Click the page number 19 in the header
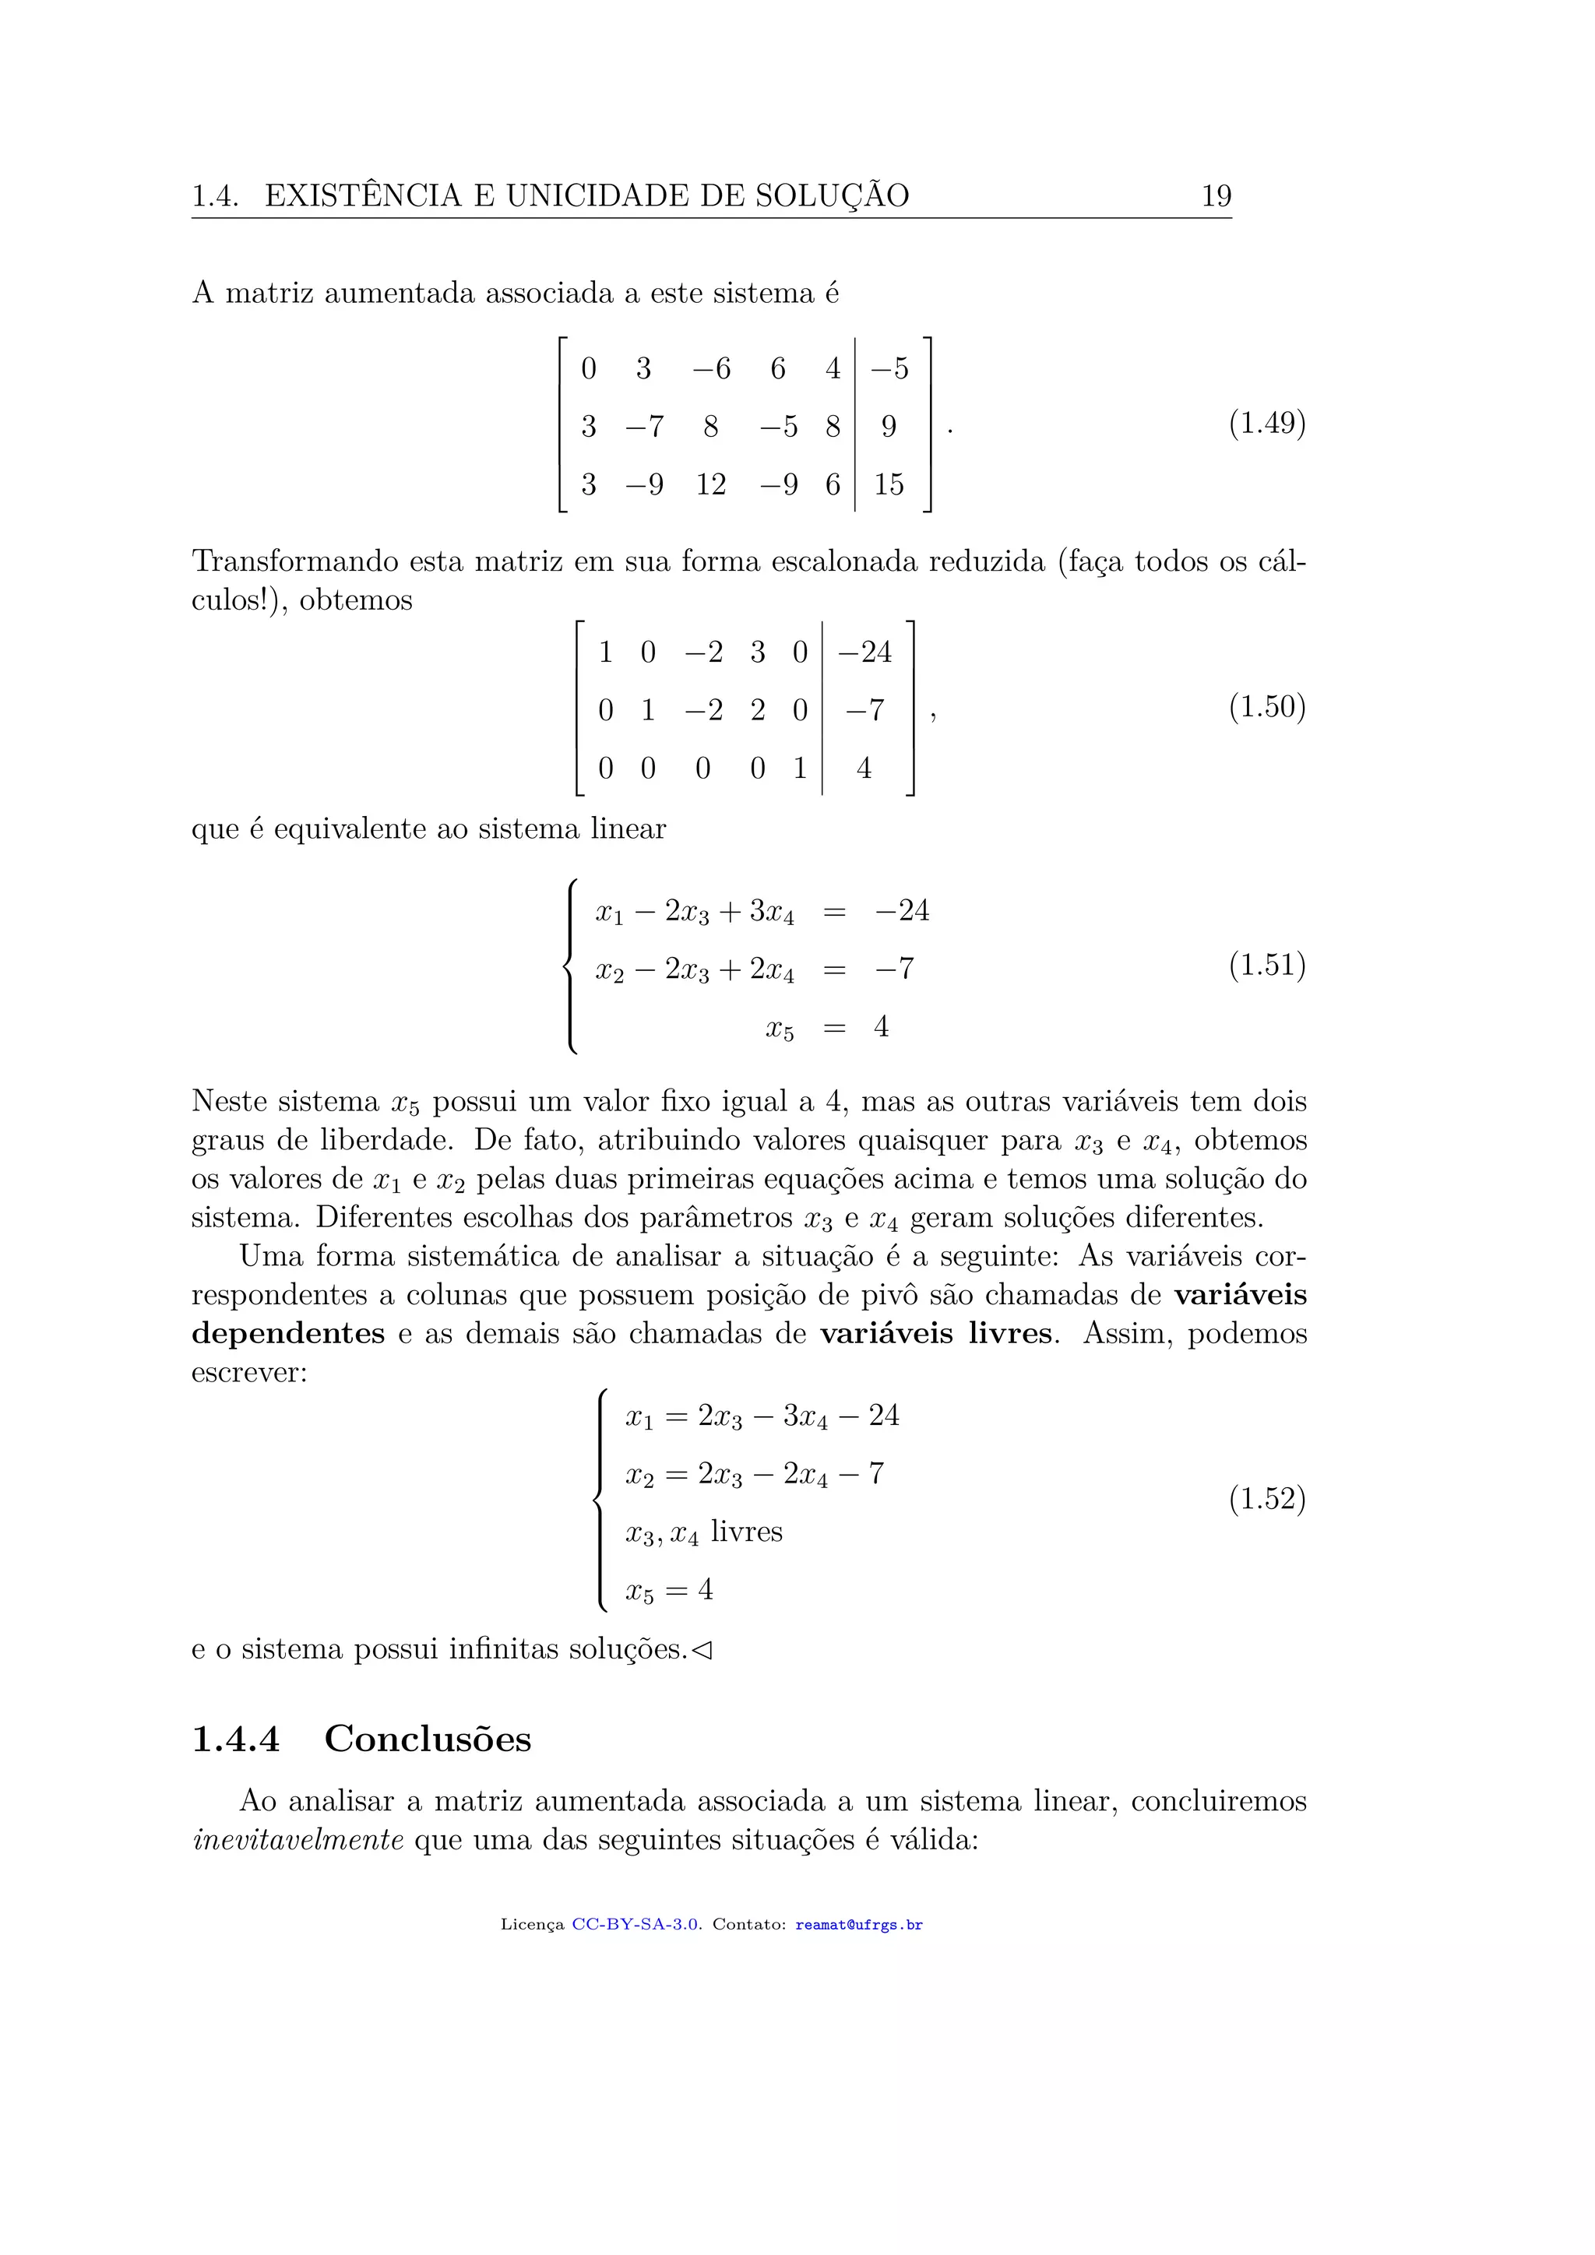[x=1216, y=195]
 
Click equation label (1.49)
[x=1267, y=424]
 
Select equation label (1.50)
[x=1267, y=706]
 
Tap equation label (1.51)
[x=1267, y=965]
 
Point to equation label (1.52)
[x=1267, y=1498]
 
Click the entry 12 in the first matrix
[x=710, y=484]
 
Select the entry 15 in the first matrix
[x=888, y=484]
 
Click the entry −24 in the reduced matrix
[x=864, y=653]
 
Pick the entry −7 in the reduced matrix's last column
[x=864, y=710]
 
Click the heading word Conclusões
[x=428, y=1739]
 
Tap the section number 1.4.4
[x=236, y=1740]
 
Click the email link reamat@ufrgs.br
[x=858, y=1925]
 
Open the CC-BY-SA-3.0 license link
[x=636, y=1925]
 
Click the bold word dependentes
[x=287, y=1334]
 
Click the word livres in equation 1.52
[x=746, y=1532]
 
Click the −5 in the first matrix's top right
[x=889, y=369]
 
